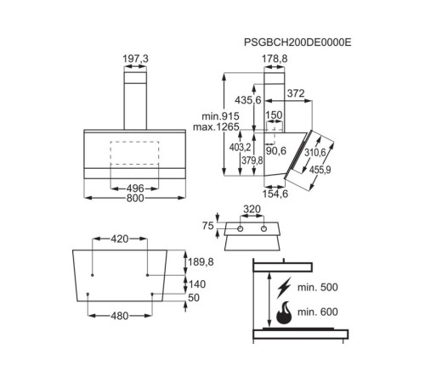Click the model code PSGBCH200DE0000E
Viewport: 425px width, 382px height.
click(x=297, y=42)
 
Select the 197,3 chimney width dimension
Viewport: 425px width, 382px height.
click(x=135, y=59)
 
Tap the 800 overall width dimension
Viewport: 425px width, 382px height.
click(x=135, y=198)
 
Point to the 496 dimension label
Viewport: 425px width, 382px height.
click(x=135, y=188)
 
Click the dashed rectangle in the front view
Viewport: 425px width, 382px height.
click(x=134, y=153)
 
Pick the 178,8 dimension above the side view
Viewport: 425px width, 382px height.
click(x=275, y=59)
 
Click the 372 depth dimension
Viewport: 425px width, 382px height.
click(x=296, y=93)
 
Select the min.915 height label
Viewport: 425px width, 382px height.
click(x=220, y=116)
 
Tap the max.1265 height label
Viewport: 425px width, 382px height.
click(x=216, y=127)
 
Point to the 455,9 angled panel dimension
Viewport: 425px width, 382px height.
click(x=320, y=170)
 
